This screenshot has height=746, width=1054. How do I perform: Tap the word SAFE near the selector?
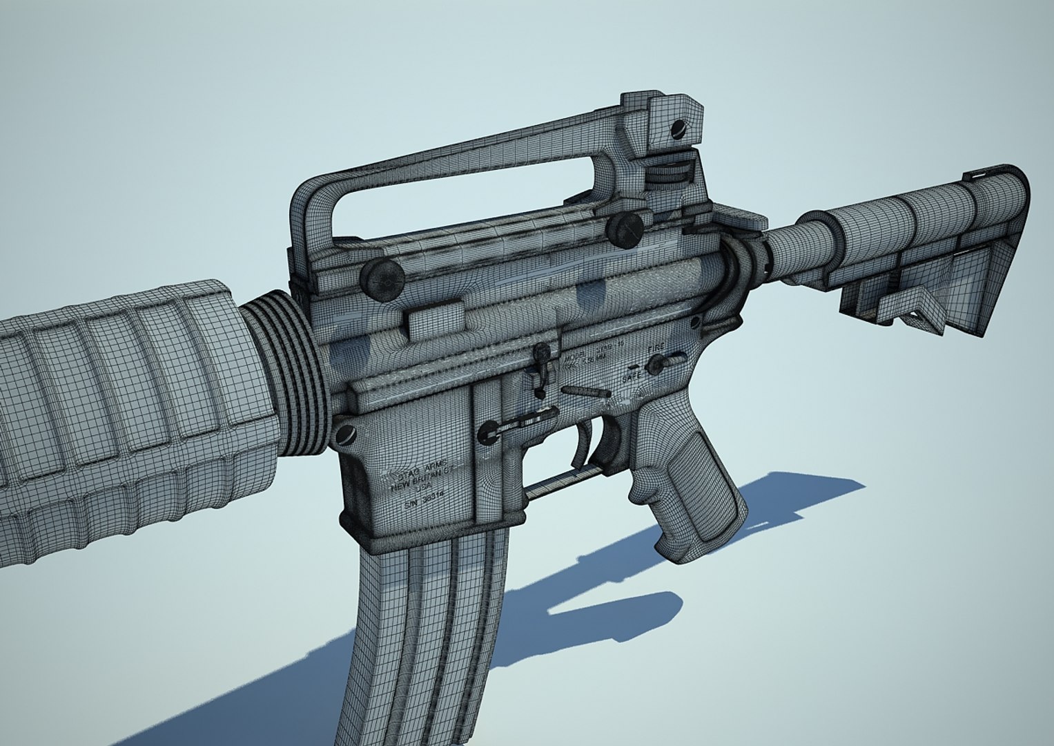pyautogui.click(x=631, y=379)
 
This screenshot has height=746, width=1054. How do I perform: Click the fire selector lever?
pyautogui.click(x=665, y=360)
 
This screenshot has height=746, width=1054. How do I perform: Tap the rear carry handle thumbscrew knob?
pyautogui.click(x=625, y=229)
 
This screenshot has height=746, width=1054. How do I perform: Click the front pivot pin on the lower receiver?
pyautogui.click(x=343, y=434)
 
